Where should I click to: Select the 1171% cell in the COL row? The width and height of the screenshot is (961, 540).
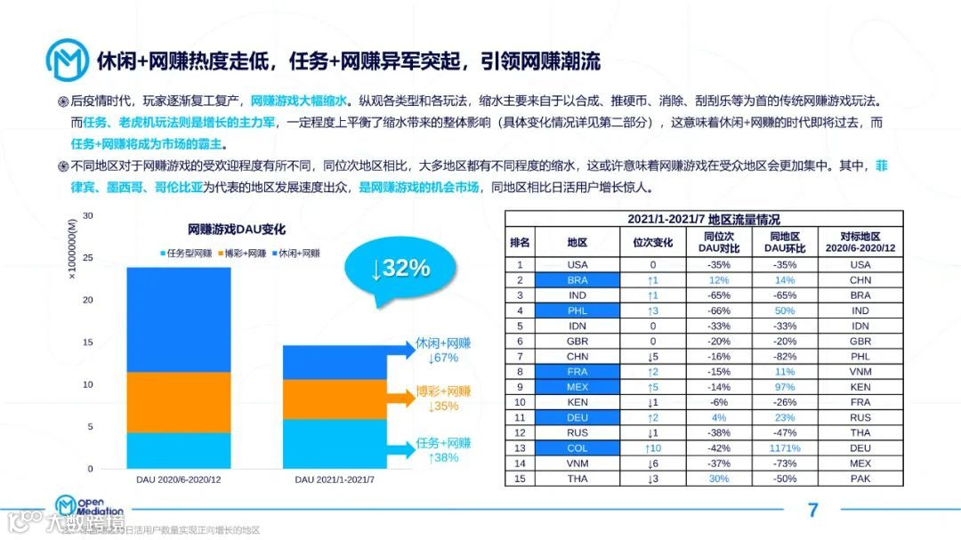pos(785,447)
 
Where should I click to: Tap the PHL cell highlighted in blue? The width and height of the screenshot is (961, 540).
pos(577,311)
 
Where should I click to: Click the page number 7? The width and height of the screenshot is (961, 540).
pos(812,510)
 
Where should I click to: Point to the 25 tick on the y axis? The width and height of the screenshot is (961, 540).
pos(87,258)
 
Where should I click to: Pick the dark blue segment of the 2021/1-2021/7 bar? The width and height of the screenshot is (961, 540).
pos(333,362)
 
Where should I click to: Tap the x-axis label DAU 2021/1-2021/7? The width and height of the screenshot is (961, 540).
pos(335,480)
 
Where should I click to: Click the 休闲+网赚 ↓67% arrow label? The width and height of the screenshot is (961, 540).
pos(442,351)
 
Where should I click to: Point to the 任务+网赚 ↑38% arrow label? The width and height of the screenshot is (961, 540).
pos(442,450)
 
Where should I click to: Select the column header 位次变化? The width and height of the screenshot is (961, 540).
pos(652,242)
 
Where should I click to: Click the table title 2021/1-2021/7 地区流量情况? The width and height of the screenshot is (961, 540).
pos(704,219)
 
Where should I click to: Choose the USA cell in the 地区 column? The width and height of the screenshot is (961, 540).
pos(577,264)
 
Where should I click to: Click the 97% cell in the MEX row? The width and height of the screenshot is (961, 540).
pos(785,388)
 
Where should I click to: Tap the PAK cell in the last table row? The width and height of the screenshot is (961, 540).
pos(860,479)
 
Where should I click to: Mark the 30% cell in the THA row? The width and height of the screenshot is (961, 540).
pos(717,479)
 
